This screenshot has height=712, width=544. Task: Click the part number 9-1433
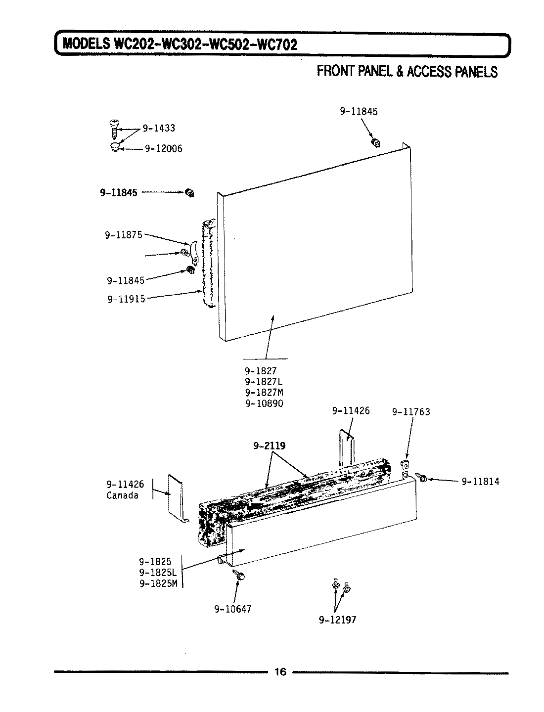click(x=159, y=129)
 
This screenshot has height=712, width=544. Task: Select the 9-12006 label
click(x=163, y=149)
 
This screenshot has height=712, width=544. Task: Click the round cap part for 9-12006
click(x=114, y=147)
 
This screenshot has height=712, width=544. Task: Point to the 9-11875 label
click(x=123, y=235)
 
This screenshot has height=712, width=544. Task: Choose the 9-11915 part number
click(x=126, y=299)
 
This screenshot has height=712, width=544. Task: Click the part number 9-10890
click(x=264, y=403)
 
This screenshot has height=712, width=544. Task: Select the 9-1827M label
click(x=264, y=392)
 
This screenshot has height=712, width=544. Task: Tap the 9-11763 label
click(x=411, y=412)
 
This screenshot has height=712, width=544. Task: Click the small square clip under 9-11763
click(x=405, y=464)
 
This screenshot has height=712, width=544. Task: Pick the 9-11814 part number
click(x=480, y=481)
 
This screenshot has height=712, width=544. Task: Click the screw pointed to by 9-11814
click(x=422, y=477)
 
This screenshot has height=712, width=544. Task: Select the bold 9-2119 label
click(x=269, y=445)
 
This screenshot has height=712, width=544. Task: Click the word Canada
click(x=123, y=495)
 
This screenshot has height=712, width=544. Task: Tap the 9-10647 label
click(x=232, y=609)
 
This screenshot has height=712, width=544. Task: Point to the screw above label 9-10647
click(x=240, y=576)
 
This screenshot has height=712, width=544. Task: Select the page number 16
click(x=280, y=671)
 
